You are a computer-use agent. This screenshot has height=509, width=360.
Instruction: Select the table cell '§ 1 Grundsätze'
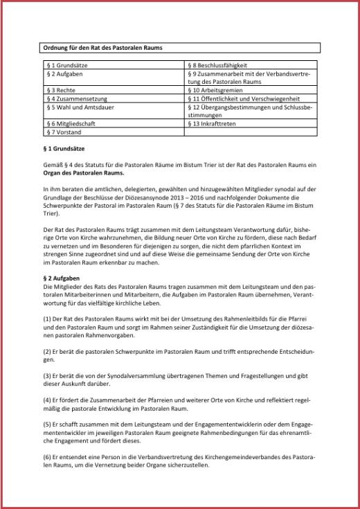[66, 65]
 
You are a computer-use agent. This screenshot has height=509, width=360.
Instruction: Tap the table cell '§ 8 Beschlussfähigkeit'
[218, 65]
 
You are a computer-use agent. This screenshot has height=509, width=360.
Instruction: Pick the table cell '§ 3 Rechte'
[61, 89]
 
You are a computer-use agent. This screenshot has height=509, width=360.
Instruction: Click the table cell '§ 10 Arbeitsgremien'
[215, 89]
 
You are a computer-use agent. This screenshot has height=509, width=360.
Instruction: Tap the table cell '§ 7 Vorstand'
[64, 131]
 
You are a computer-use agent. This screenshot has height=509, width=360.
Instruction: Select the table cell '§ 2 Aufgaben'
[64, 73]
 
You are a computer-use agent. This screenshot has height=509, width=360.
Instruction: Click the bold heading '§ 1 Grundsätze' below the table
[64, 148]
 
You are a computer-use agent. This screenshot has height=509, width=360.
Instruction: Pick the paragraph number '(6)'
[47, 458]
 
